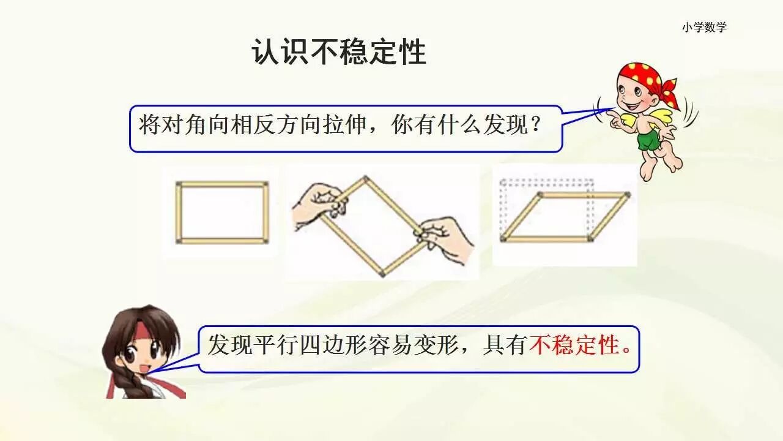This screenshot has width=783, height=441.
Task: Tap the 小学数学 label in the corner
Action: click(x=705, y=28)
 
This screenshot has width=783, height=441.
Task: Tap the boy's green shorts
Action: click(x=649, y=140)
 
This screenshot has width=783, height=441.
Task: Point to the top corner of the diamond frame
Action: click(x=366, y=179)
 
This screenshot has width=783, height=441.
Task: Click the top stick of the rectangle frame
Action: click(x=222, y=184)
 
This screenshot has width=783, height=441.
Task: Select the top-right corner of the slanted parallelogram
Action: click(x=628, y=195)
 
